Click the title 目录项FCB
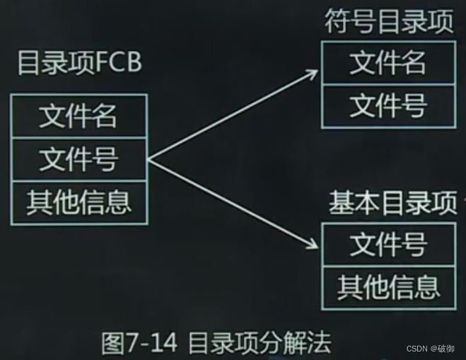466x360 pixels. (78, 63)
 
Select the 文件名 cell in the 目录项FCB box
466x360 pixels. (78, 116)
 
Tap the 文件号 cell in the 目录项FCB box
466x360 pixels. (78, 161)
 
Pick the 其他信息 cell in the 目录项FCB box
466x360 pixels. (78, 203)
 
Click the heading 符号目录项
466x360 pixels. (389, 22)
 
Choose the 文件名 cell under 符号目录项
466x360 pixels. (388, 63)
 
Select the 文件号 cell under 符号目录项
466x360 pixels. (388, 106)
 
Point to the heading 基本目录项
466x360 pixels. (392, 203)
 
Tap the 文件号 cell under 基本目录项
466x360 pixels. (388, 245)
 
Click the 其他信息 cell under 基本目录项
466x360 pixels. (388, 286)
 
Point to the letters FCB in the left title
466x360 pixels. (120, 63)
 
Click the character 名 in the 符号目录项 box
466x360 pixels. (413, 63)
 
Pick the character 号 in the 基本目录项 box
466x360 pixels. (413, 245)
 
